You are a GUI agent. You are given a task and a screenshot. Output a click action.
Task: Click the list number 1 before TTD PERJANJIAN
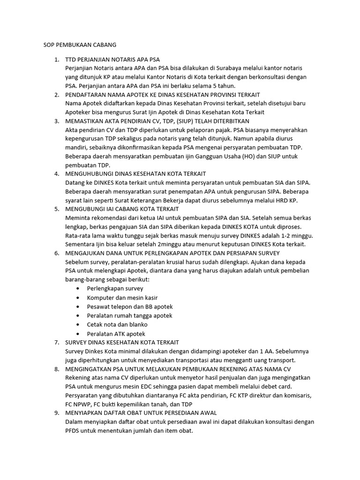(x=57, y=60)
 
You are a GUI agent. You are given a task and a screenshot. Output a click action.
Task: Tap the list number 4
(x=57, y=173)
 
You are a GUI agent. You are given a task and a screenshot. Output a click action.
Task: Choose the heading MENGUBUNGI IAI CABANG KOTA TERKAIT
(x=122, y=209)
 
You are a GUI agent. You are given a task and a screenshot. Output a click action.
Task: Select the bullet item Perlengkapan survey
(x=115, y=288)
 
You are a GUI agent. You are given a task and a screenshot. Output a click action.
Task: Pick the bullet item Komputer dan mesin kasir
(x=122, y=298)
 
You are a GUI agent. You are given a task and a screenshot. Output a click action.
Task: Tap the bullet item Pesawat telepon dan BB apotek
(x=130, y=307)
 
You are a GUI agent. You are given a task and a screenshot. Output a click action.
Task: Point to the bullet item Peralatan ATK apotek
(x=116, y=334)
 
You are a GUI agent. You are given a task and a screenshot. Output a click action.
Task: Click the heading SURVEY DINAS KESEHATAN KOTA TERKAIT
(x=122, y=343)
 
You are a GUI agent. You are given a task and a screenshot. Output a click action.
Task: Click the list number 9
(x=57, y=412)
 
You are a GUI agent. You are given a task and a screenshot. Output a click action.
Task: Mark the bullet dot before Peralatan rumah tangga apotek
(x=77, y=315)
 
